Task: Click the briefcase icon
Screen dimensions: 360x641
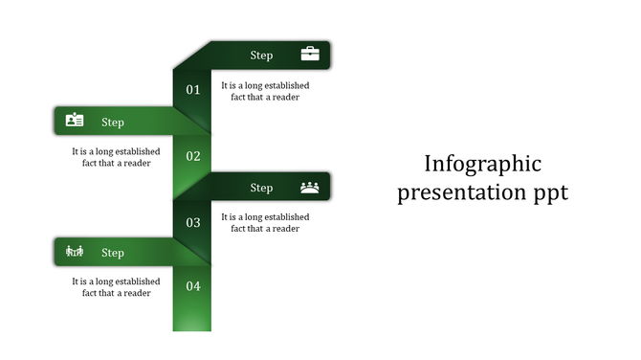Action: pyautogui.click(x=310, y=55)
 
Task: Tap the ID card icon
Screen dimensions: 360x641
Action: pyautogui.click(x=75, y=121)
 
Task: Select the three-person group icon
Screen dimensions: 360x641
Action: pyautogui.click(x=310, y=187)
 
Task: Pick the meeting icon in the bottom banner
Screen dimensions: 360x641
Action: pyautogui.click(x=75, y=252)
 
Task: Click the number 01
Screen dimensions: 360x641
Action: pyautogui.click(x=193, y=90)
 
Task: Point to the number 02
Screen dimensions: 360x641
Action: pyautogui.click(x=193, y=156)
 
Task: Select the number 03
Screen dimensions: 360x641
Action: pyautogui.click(x=193, y=222)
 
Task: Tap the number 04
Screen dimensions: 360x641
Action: pyautogui.click(x=193, y=286)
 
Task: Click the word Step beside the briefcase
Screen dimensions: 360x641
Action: pyautogui.click(x=261, y=56)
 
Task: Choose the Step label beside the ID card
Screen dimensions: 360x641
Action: pyautogui.click(x=113, y=123)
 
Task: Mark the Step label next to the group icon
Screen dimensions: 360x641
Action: pyautogui.click(x=261, y=188)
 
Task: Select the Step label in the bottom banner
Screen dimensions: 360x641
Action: pyautogui.click(x=113, y=254)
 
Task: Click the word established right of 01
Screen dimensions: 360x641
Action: pyautogui.click(x=285, y=85)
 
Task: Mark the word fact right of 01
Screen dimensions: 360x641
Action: pyautogui.click(x=240, y=97)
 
